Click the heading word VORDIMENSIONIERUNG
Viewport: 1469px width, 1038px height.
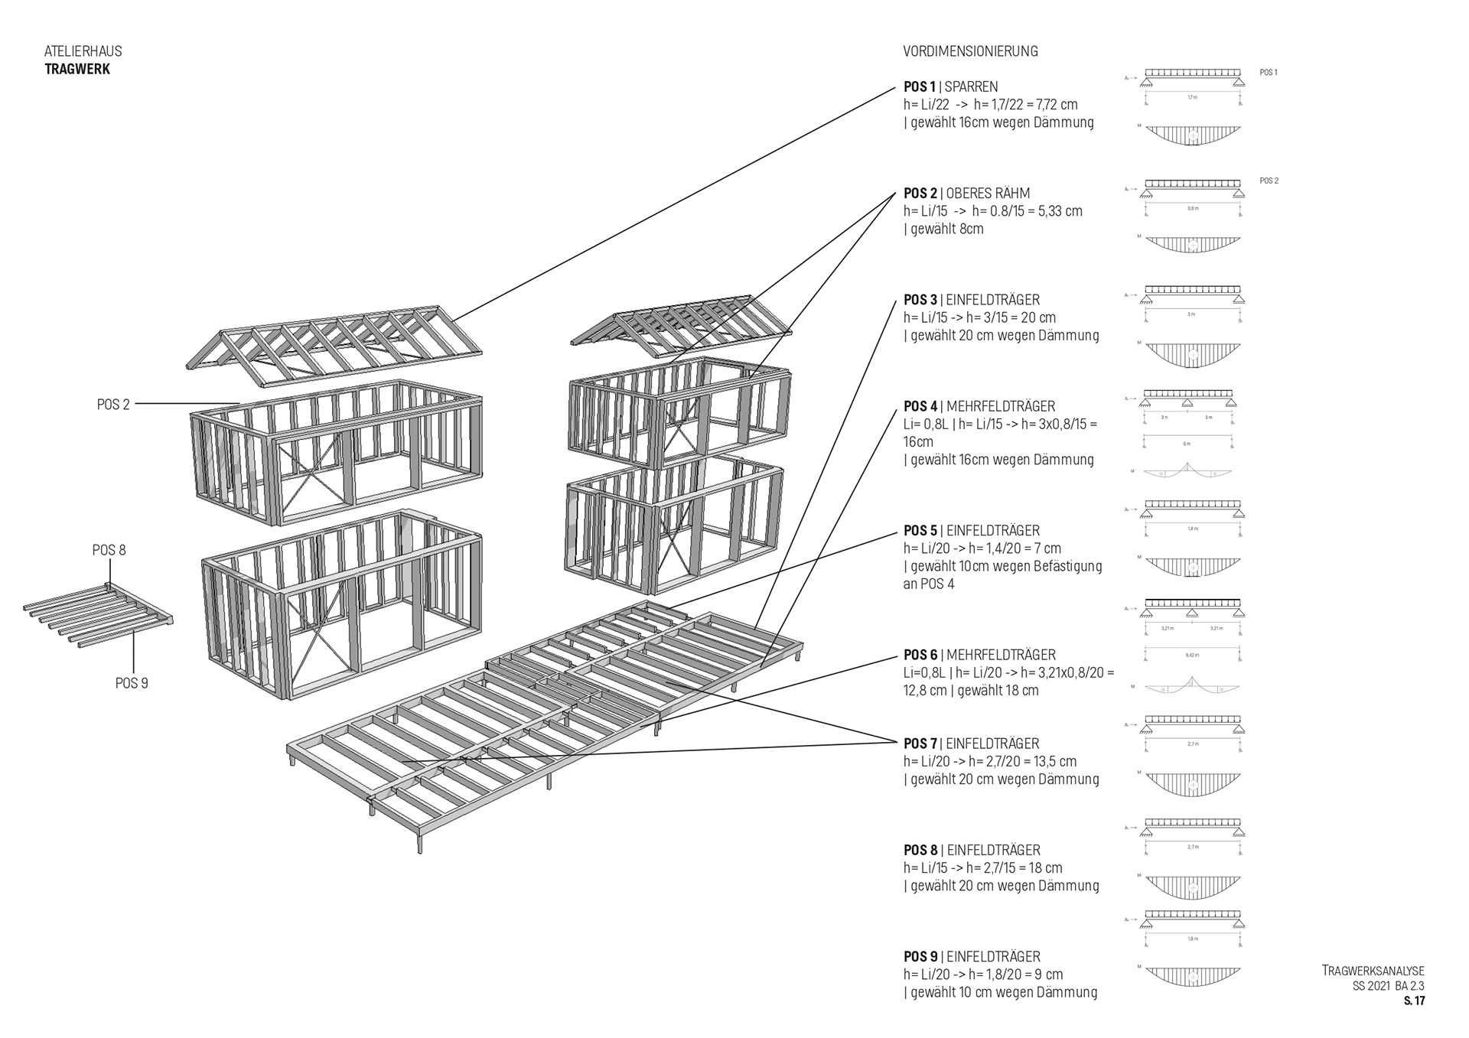point(970,51)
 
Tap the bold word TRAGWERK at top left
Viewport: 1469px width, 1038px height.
point(77,69)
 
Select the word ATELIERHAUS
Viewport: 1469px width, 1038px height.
point(83,51)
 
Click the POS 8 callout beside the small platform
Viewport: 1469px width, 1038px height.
point(109,550)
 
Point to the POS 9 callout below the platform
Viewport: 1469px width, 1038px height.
point(132,683)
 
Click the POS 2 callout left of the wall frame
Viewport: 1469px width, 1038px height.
point(113,405)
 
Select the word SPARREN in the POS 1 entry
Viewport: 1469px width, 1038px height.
point(971,87)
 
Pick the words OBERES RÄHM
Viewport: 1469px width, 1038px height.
point(988,194)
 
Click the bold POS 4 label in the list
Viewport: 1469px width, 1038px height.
point(920,406)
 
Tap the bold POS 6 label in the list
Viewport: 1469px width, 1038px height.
point(920,655)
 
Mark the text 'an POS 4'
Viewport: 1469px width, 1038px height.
point(929,584)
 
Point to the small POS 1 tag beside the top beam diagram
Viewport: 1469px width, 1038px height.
point(1269,73)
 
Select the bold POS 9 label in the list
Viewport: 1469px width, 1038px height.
point(920,957)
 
